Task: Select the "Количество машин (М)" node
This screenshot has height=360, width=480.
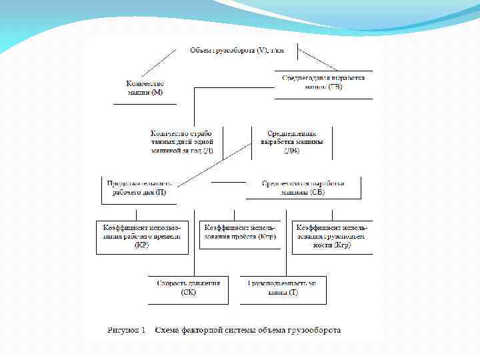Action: pyautogui.click(x=145, y=88)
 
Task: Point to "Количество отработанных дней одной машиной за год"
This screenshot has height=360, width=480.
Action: pyautogui.click(x=181, y=142)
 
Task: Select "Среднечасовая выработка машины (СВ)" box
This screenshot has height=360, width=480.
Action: pyautogui.click(x=303, y=188)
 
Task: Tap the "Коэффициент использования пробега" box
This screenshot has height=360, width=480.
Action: pyautogui.click(x=240, y=232)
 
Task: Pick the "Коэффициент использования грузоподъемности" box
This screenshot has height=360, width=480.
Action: pyautogui.click(x=332, y=237)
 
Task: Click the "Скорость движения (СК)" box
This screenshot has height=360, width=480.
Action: pyautogui.click(x=189, y=288)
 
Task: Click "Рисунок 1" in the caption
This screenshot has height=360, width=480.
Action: pyautogui.click(x=127, y=330)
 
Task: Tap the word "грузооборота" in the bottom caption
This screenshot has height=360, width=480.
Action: pyautogui.click(x=313, y=330)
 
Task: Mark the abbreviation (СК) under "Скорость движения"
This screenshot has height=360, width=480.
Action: pyautogui.click(x=189, y=293)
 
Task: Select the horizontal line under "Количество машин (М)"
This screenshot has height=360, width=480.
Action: pyautogui.click(x=145, y=104)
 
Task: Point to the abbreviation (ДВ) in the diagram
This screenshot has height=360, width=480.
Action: pyautogui.click(x=292, y=151)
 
